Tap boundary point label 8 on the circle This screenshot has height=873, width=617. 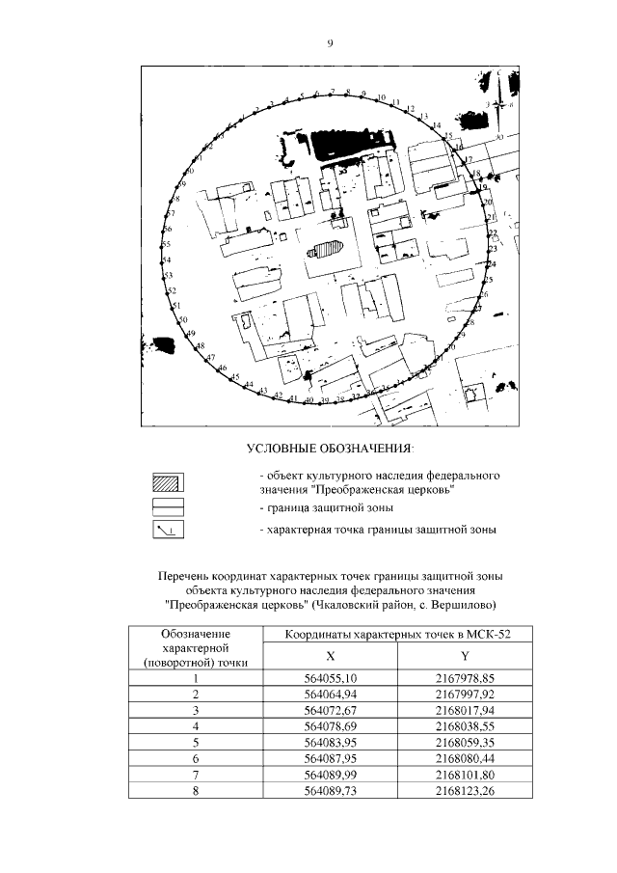coord(348,92)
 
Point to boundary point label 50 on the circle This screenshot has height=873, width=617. coord(183,319)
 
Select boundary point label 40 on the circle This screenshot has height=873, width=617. coord(309,399)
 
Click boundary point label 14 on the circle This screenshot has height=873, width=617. coord(437,126)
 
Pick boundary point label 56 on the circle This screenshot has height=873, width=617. coord(167,230)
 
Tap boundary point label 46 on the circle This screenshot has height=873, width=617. coord(223,369)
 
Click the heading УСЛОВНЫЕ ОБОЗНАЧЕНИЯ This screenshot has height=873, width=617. coord(330,449)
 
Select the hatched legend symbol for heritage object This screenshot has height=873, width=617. coord(168,481)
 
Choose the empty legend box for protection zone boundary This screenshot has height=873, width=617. coord(168,505)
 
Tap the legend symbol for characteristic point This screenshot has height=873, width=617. coord(168,530)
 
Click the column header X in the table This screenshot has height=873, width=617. coord(330,655)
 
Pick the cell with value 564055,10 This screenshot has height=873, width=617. coord(330,679)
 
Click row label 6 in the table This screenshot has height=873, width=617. coord(196,759)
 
